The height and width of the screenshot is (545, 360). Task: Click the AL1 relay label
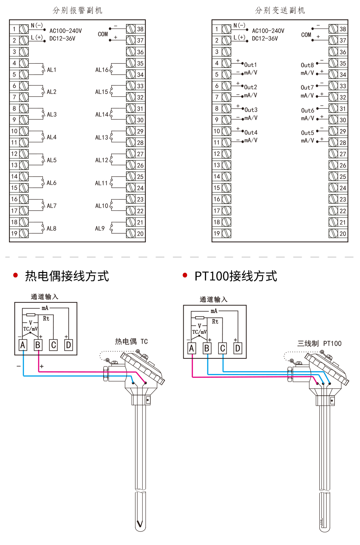[x=51, y=70]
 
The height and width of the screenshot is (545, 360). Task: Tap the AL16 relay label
[x=102, y=70]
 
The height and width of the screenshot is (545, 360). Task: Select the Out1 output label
[x=250, y=65]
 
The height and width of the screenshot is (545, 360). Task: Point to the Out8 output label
[x=307, y=65]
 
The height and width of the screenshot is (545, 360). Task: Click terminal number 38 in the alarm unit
[x=140, y=29]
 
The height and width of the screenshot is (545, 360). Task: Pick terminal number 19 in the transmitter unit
[x=217, y=233]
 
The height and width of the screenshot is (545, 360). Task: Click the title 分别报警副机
[x=77, y=10]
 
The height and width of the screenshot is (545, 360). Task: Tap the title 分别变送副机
[x=280, y=10]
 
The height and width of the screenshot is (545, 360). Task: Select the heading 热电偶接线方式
[x=67, y=276]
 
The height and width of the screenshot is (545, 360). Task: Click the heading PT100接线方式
[x=236, y=276]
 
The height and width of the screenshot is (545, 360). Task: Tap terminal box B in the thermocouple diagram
[x=38, y=345]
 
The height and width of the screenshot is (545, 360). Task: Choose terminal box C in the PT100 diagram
[x=222, y=348]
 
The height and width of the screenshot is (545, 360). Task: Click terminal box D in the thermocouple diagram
[x=68, y=345]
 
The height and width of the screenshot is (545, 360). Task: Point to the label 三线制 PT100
[x=319, y=343]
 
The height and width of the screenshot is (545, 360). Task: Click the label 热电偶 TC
[x=131, y=341]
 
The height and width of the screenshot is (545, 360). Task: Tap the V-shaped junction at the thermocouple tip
[x=140, y=524]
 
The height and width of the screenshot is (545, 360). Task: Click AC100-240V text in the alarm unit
[x=65, y=31]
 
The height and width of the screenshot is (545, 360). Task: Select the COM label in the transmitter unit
[x=306, y=35]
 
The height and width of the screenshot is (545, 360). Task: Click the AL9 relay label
[x=100, y=229]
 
